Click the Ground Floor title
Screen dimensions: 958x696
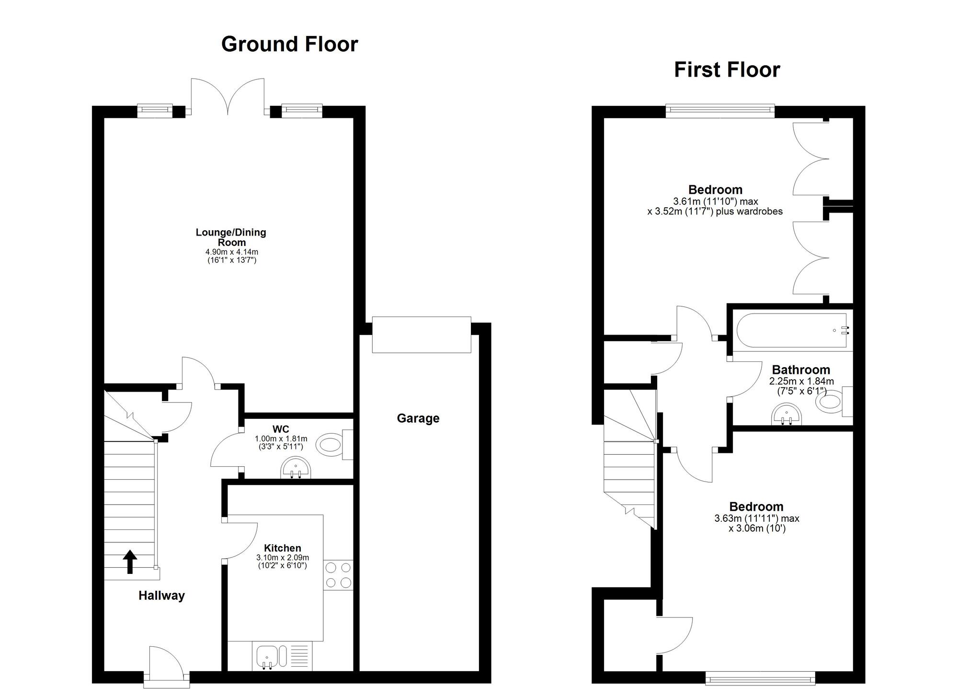coord(289,44)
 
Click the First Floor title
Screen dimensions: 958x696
coord(727,70)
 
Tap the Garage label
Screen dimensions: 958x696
coord(418,418)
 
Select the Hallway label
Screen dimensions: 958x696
coord(161,595)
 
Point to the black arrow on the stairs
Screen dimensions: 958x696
coord(130,561)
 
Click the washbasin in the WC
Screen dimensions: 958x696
coord(296,468)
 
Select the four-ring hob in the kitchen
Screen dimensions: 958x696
coord(338,575)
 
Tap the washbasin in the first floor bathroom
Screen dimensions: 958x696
coord(786,414)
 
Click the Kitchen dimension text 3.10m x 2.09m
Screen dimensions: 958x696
coord(283,558)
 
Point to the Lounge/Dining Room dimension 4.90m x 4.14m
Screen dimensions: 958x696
coord(232,252)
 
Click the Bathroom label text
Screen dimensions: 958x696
coord(801,370)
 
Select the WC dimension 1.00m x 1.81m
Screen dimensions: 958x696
coord(281,438)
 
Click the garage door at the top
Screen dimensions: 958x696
coord(422,335)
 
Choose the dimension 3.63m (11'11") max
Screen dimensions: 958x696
coord(757,518)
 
